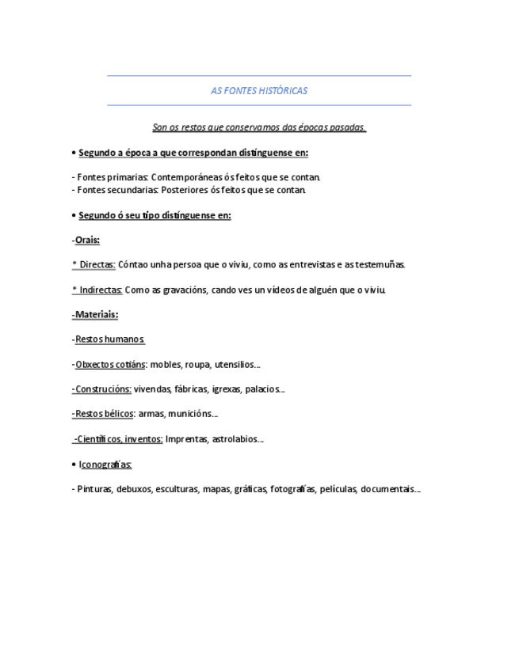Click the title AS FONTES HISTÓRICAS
[x=259, y=91]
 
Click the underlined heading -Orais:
[x=86, y=240]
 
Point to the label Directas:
[x=97, y=265]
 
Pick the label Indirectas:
[x=100, y=290]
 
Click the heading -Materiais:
[x=95, y=314]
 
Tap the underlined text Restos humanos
[x=109, y=339]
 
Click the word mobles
[x=166, y=365]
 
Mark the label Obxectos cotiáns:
[x=110, y=365]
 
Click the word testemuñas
[x=380, y=265]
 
